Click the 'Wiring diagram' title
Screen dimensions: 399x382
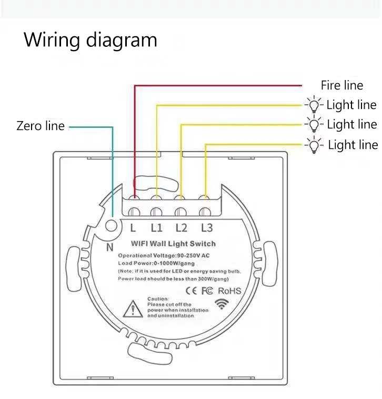[x=90, y=40]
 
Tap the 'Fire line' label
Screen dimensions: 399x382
[x=342, y=85]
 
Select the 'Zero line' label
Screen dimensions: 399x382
[x=41, y=126]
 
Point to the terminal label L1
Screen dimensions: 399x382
[x=157, y=228]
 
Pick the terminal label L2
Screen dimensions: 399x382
[x=182, y=228]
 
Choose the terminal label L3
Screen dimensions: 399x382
[x=207, y=228]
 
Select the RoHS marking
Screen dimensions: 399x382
[x=229, y=291]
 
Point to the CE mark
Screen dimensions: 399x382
[x=192, y=291]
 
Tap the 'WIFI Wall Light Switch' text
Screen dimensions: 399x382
[x=173, y=244]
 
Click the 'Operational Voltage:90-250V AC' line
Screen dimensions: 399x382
[x=172, y=255]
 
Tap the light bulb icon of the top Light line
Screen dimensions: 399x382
[x=314, y=105]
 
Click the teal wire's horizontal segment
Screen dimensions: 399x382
[x=91, y=126]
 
